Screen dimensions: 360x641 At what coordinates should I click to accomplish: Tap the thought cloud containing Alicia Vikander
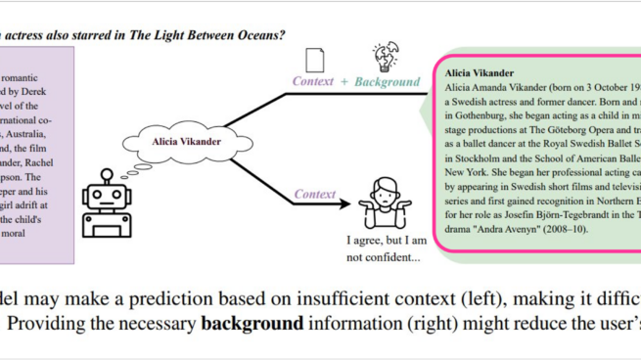pyautogui.click(x=186, y=142)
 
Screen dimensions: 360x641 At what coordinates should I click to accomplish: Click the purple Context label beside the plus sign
pyautogui.click(x=314, y=82)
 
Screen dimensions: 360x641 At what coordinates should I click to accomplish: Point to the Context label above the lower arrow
pyautogui.click(x=315, y=168)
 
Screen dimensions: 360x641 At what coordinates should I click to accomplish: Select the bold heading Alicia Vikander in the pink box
pyautogui.click(x=480, y=72)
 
